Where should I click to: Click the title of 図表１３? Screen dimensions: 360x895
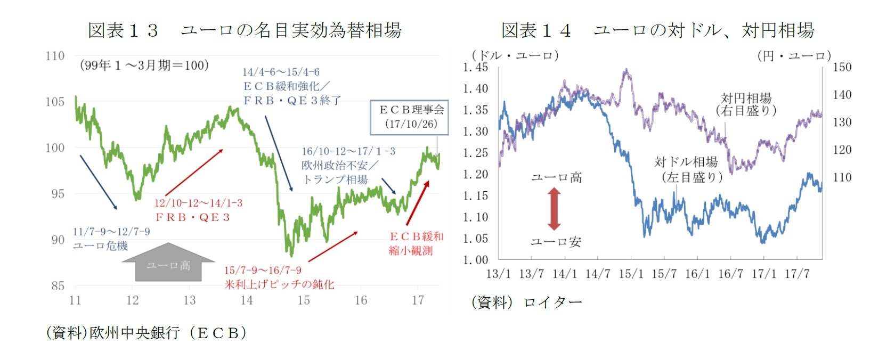coord(245,30)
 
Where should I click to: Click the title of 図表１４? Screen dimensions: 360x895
coord(657,30)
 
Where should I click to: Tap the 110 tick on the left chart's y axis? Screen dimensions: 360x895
coord(55,56)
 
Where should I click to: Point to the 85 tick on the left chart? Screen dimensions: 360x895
coord(58,286)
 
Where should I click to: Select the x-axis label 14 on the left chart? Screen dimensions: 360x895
coord(247,300)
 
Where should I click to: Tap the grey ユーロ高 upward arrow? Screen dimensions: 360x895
coord(168,263)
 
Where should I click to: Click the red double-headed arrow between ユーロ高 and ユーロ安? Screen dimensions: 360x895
coord(555,209)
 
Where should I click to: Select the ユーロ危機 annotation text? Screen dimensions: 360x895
coord(100,246)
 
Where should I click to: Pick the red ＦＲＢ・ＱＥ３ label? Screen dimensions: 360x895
coord(192,217)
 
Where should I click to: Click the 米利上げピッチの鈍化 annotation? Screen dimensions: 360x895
coord(279,284)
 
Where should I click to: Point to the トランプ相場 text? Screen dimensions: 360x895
coord(335,179)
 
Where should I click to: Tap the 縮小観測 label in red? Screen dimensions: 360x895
coord(410,250)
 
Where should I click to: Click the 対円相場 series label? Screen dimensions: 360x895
coord(746,98)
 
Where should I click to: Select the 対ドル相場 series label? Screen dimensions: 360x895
coord(686,162)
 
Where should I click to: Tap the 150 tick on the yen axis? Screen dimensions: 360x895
coord(842,67)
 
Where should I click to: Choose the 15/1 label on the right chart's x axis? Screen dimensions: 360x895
coord(631,274)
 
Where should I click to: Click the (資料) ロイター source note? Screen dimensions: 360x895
coord(526,302)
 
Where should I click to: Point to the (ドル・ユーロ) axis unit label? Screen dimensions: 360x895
coord(515,55)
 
